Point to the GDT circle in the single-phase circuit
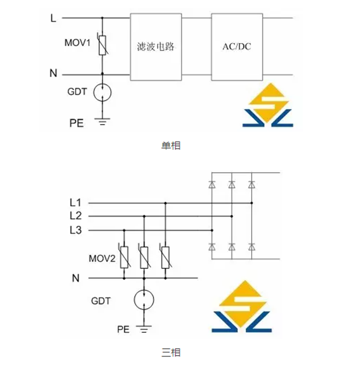[x=103, y=91]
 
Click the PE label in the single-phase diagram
[x=76, y=123]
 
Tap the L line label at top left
[x=53, y=18]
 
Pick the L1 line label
[x=76, y=203]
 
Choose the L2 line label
[x=76, y=216]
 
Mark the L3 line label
[x=76, y=231]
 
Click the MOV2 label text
[x=103, y=258]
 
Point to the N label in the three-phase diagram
[x=76, y=278]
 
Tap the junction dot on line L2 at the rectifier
[x=232, y=216]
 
